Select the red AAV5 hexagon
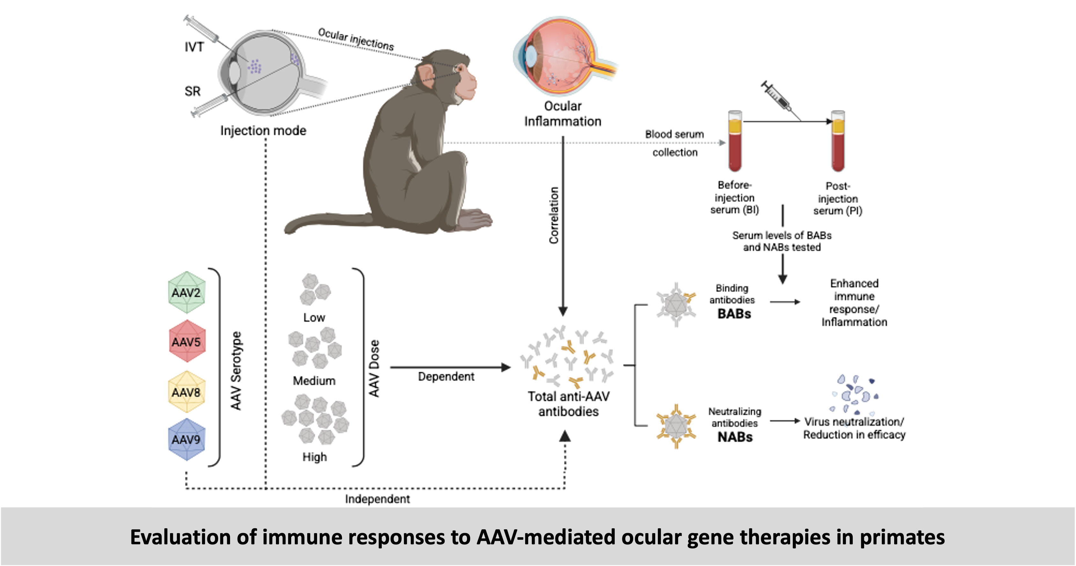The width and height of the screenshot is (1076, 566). [x=187, y=342]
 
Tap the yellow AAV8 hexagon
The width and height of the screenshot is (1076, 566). [x=186, y=392]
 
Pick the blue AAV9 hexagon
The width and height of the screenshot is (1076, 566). [x=186, y=439]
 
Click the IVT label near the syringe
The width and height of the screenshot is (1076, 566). [x=194, y=47]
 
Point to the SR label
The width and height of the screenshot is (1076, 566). [x=193, y=91]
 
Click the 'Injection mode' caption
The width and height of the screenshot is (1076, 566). [x=263, y=131]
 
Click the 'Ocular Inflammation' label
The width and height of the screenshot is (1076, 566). [x=563, y=114]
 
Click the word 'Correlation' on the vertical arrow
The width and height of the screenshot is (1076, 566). [x=554, y=215]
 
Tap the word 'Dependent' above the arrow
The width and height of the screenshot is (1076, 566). [x=446, y=377]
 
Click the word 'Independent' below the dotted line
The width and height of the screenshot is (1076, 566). [x=377, y=499]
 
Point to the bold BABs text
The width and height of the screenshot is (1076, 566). [x=734, y=313]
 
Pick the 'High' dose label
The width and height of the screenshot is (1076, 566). [x=315, y=457]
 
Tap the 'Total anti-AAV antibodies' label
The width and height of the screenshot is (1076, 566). [x=568, y=404]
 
